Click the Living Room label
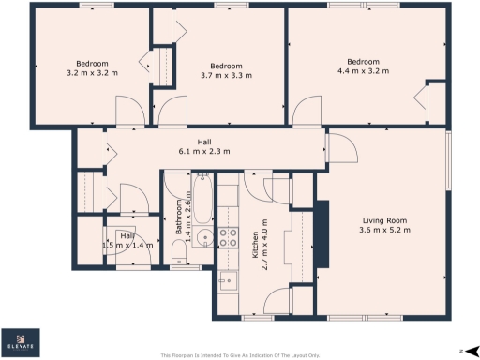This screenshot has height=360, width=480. [x=386, y=220]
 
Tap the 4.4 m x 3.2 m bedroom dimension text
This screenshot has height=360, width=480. [x=362, y=70]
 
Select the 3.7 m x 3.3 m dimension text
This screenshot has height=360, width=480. [x=220, y=75]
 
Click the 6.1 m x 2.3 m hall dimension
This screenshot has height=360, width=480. [x=204, y=151]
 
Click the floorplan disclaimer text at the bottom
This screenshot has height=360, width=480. [x=240, y=355]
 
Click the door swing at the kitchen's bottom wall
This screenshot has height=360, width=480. [x=278, y=301]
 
